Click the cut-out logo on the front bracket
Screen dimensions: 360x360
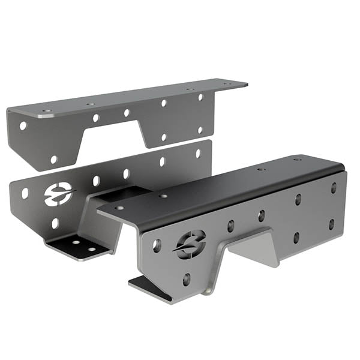190,243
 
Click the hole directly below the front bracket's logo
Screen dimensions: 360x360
186,278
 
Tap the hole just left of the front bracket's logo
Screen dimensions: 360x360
157,245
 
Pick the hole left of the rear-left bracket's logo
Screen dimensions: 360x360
25,194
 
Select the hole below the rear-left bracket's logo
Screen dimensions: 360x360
55,223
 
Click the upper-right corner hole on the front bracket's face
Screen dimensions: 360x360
334,188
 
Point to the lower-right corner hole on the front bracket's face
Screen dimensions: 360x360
331,224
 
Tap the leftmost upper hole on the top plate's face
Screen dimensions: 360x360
23,126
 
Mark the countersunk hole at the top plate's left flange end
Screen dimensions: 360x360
46,112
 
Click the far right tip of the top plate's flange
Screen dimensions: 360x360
246,84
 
